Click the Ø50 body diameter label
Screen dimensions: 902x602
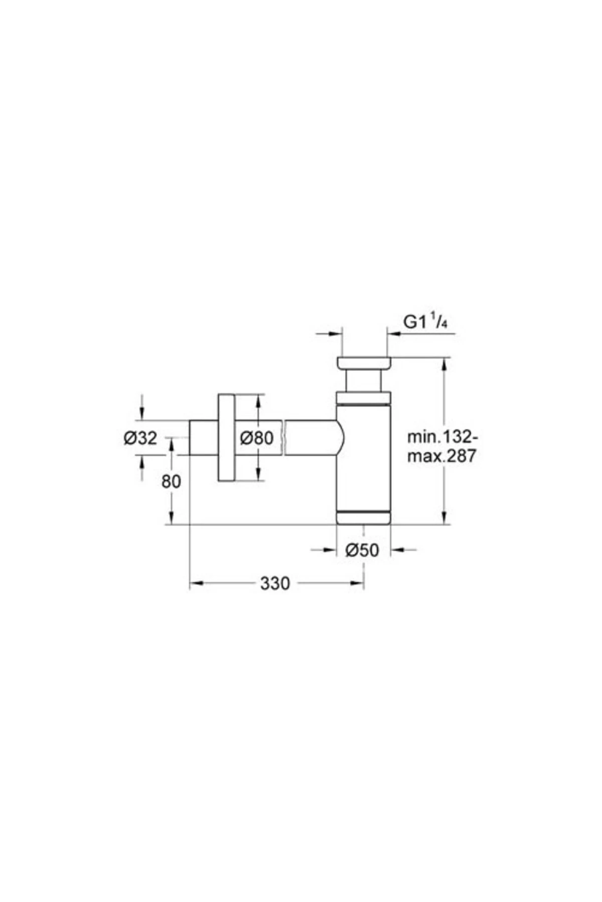click(362, 550)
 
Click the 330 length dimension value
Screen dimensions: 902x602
click(275, 583)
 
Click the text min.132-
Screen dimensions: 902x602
click(439, 437)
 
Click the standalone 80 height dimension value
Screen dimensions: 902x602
click(171, 482)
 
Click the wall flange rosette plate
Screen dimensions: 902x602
click(226, 438)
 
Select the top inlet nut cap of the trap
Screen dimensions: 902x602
click(364, 363)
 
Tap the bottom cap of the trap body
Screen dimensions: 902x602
click(363, 518)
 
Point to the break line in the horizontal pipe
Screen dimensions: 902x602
click(284, 438)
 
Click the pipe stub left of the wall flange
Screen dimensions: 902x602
click(203, 438)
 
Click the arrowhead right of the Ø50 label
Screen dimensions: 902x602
click(397, 550)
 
